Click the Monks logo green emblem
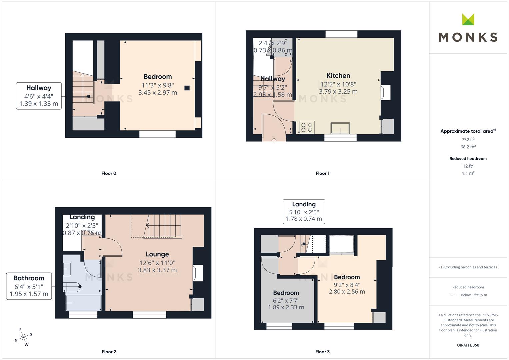(468, 19)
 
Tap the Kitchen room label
(338, 76)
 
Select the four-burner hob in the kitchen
(307, 127)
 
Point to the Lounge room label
(157, 254)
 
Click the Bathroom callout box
(29, 286)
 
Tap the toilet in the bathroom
(73, 287)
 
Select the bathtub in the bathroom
(83, 303)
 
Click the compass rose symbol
(23, 337)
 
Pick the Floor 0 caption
(109, 173)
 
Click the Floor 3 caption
(322, 352)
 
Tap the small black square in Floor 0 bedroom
(187, 88)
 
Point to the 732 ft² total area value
(468, 140)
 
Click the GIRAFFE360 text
(468, 345)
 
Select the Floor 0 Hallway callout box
(39, 96)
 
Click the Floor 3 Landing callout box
(304, 211)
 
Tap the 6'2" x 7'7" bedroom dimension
(286, 300)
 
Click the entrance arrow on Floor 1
(274, 141)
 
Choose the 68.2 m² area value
(468, 147)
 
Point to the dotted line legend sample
(453, 295)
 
